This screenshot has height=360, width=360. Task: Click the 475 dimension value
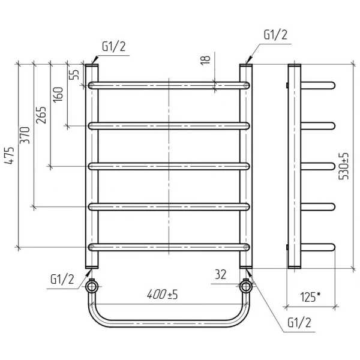(x=10, y=155)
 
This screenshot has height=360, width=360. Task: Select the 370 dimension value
(x=25, y=136)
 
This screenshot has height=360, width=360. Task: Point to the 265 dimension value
(x=41, y=115)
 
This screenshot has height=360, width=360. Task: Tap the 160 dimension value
(x=58, y=95)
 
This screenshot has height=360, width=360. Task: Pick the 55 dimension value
(x=74, y=74)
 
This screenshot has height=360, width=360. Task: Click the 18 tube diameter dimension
(x=205, y=60)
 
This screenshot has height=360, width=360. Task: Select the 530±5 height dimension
(x=343, y=166)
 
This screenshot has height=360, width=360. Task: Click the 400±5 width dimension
(x=163, y=295)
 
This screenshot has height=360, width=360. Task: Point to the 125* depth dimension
(x=310, y=297)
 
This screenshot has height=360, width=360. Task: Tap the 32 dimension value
(x=220, y=274)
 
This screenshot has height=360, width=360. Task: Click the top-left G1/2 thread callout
(x=114, y=47)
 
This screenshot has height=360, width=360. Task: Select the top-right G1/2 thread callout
(x=275, y=35)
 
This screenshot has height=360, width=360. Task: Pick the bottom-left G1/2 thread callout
(x=62, y=280)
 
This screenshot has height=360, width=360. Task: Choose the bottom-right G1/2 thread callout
(x=299, y=323)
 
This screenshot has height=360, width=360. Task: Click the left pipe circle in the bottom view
(x=92, y=287)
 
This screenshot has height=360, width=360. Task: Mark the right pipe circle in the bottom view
(x=246, y=287)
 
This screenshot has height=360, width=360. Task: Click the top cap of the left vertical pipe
(x=92, y=65)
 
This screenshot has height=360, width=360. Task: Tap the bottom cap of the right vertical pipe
(x=246, y=267)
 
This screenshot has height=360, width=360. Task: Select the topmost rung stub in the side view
(x=318, y=85)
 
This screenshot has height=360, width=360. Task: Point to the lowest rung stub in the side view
(x=318, y=247)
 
